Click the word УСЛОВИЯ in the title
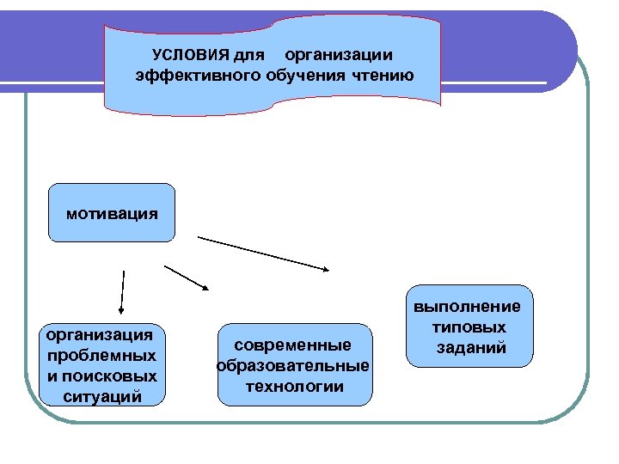[x=184, y=56]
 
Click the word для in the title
[x=249, y=56]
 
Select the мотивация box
[x=112, y=211]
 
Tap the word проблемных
[x=102, y=354]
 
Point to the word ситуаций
[x=102, y=396]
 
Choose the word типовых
[x=469, y=327]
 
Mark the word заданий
[x=470, y=348]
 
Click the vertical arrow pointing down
[x=122, y=291]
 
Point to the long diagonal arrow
[x=264, y=253]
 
